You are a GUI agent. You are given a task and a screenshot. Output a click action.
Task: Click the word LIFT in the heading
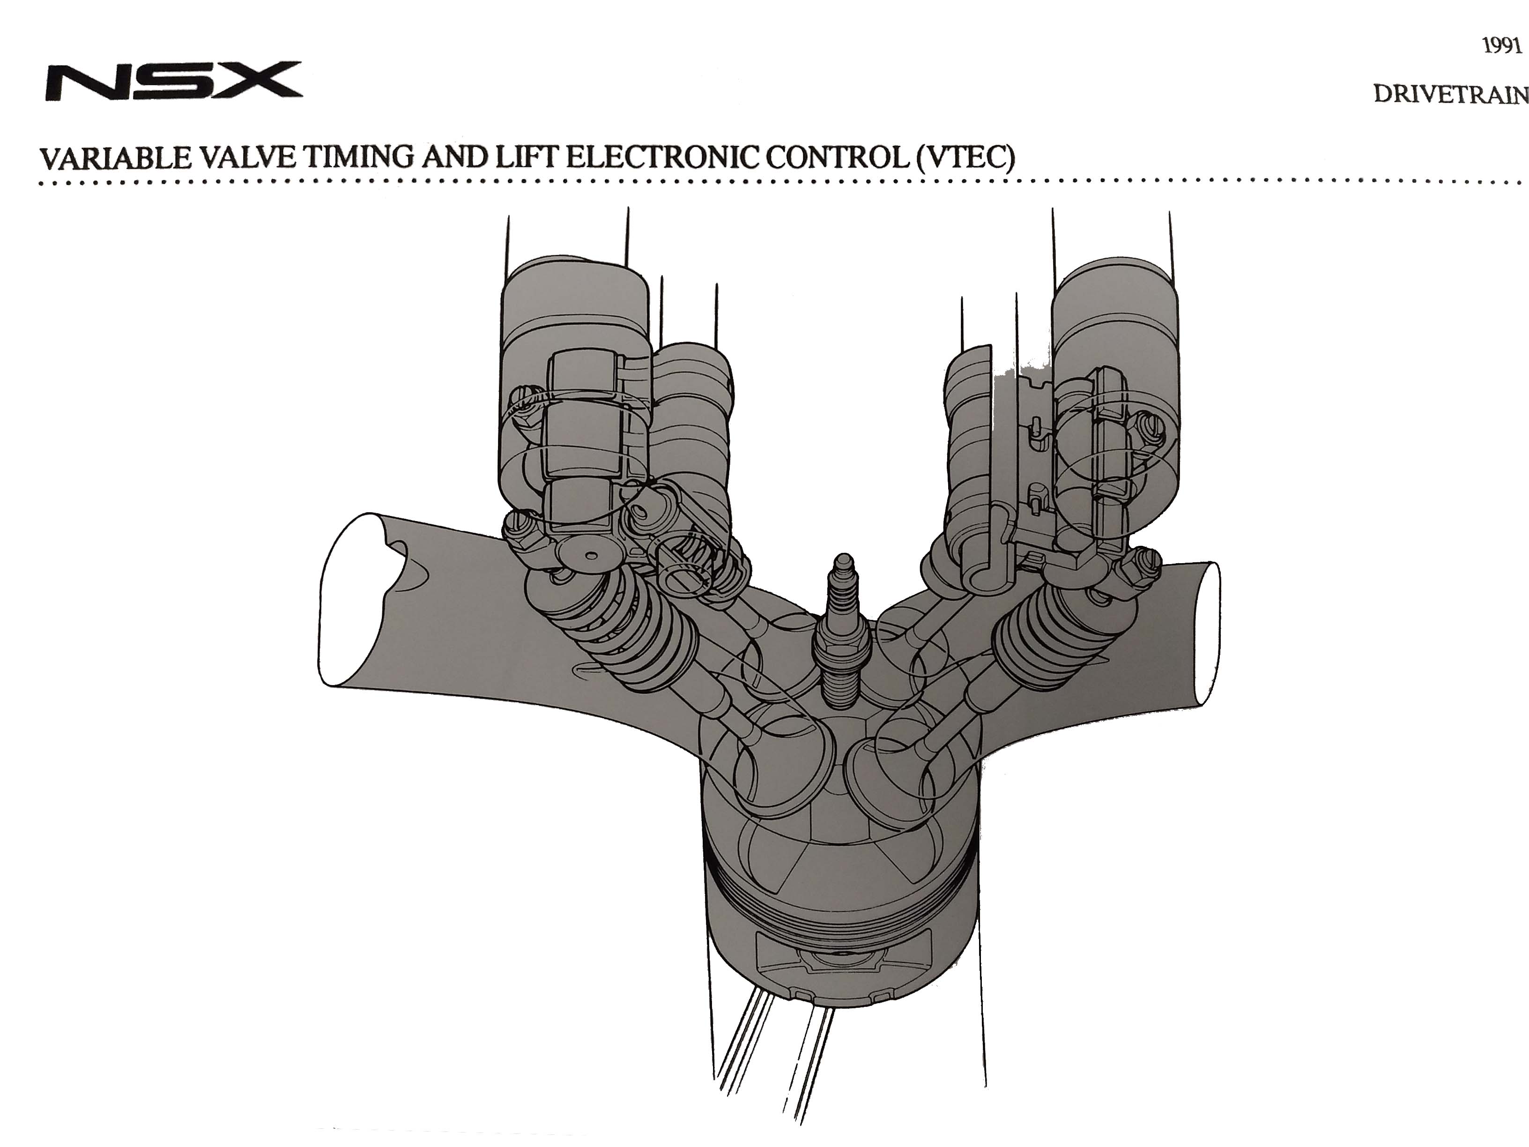pos(527,159)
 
